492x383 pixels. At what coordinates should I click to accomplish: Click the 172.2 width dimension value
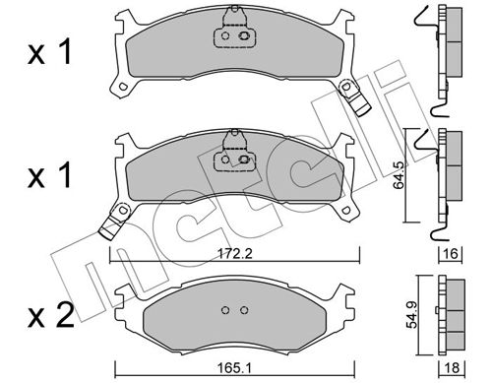point(235,253)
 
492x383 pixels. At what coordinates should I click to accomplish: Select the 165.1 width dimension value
point(234,368)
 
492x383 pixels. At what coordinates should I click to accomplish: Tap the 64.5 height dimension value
point(399,175)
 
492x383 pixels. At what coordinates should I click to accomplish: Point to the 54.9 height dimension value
point(412,315)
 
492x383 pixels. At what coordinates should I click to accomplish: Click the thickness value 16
point(451,253)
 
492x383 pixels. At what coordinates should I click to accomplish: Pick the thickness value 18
point(452,368)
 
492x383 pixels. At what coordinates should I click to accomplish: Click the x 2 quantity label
point(51,316)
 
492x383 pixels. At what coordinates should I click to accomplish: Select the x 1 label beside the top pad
point(49,52)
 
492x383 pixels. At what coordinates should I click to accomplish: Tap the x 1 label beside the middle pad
point(49,176)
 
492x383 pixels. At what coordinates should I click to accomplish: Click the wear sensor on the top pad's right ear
point(355,97)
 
